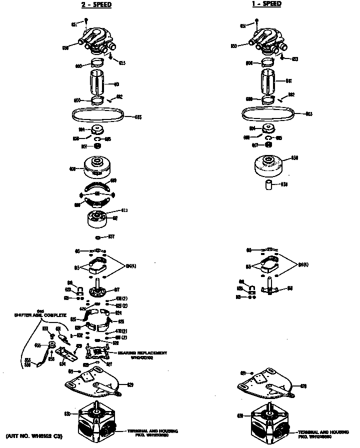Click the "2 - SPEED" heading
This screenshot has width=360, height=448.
[96, 5]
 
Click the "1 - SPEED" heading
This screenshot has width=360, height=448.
[266, 4]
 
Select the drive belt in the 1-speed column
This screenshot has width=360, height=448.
[268, 114]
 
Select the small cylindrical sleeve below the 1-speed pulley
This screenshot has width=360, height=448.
[269, 185]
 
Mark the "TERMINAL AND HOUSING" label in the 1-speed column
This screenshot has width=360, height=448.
[323, 431]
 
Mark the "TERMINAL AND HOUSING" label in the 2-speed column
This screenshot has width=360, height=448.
[152, 431]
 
